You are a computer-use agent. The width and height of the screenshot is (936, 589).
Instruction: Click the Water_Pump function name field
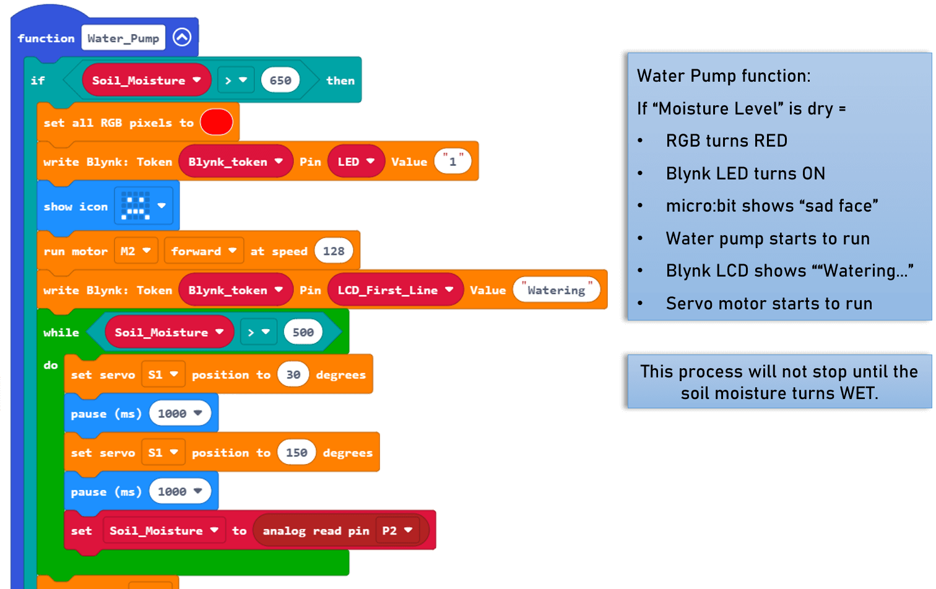(123, 38)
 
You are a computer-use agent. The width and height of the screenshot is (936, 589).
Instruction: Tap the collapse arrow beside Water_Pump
(182, 38)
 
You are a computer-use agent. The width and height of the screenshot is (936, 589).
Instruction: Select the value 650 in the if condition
(280, 80)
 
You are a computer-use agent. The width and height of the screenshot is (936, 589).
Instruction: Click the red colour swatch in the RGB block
(216, 122)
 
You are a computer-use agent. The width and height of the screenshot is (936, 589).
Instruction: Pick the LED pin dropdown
(356, 161)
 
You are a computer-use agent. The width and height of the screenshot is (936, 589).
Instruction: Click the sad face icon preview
(136, 206)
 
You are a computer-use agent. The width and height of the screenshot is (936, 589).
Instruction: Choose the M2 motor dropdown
(136, 251)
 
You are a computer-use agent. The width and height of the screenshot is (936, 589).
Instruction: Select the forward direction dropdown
(204, 251)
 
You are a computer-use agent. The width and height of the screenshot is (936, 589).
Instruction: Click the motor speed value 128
(334, 251)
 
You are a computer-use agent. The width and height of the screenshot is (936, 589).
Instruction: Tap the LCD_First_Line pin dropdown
(395, 290)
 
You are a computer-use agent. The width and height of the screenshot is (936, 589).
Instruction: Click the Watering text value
(556, 290)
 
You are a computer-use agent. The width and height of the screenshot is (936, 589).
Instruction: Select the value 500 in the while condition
(303, 332)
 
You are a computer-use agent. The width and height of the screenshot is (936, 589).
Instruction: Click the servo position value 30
(293, 374)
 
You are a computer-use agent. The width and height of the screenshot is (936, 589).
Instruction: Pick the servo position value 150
(297, 452)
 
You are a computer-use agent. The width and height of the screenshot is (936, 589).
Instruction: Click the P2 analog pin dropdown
(397, 530)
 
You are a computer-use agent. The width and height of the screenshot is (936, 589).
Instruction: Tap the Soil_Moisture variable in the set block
(163, 530)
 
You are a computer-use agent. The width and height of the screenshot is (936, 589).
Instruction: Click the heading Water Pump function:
(724, 76)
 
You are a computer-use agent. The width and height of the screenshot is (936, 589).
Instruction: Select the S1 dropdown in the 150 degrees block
(163, 452)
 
